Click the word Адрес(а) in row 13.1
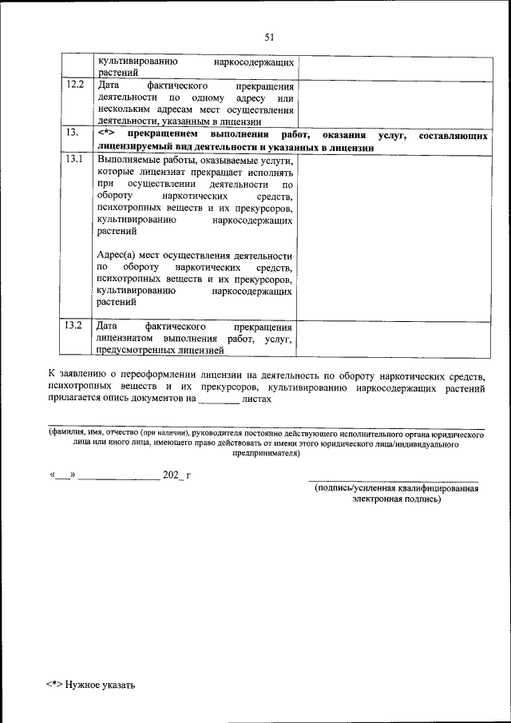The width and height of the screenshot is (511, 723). (x=116, y=254)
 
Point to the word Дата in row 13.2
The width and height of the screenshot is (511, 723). (x=107, y=327)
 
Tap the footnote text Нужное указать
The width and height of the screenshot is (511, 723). (x=101, y=685)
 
